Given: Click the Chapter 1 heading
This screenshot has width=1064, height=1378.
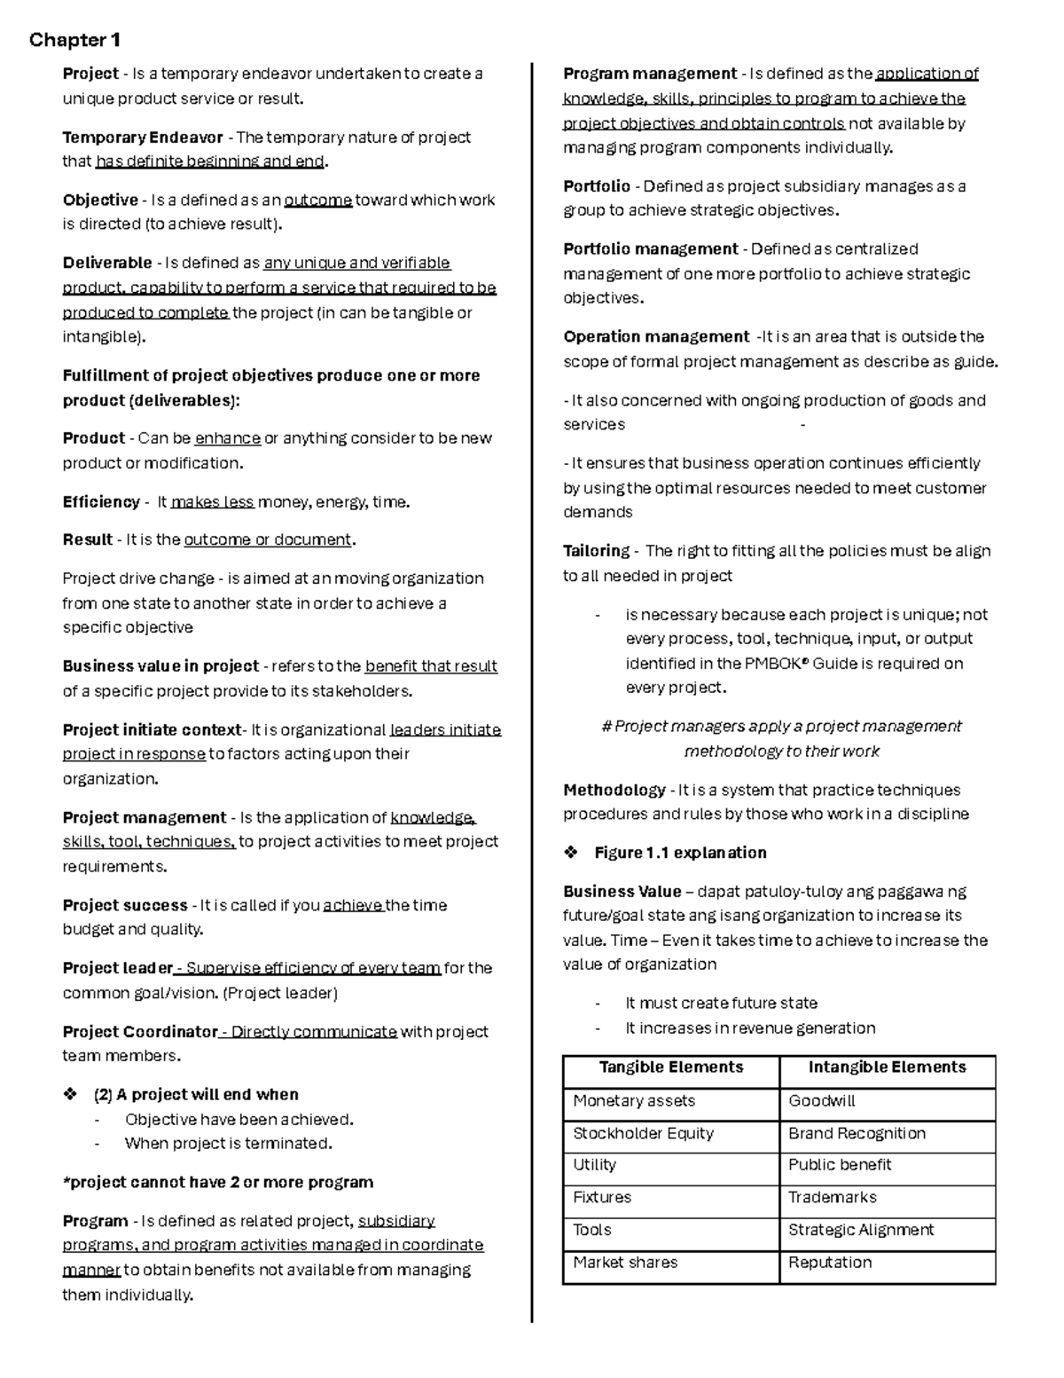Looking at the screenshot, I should (x=74, y=40).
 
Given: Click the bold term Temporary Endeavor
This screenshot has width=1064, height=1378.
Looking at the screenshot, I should (x=143, y=138).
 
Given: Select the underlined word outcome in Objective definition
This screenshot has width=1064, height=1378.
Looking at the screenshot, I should (x=317, y=201).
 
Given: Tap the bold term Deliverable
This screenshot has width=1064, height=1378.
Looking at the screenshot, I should (x=107, y=264).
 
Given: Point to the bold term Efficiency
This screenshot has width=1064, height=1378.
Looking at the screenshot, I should (x=101, y=502).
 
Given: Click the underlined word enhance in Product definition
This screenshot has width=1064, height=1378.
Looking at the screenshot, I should (x=228, y=438).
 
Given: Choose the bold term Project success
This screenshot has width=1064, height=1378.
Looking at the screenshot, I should (x=125, y=906).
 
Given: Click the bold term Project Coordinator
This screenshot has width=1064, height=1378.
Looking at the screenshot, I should (x=140, y=1032).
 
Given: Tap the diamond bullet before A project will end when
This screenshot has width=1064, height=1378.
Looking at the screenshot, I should (x=71, y=1095).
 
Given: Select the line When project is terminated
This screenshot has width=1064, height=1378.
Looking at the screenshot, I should (x=229, y=1144).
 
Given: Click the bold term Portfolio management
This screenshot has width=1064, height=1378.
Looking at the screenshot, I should (x=651, y=249).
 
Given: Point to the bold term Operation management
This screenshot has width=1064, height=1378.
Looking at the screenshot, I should (x=656, y=337).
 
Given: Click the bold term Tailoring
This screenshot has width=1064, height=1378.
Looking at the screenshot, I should (x=596, y=551).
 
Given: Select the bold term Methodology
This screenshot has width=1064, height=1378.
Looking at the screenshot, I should (x=614, y=791).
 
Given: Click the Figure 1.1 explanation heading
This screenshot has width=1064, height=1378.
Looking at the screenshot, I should (x=680, y=853).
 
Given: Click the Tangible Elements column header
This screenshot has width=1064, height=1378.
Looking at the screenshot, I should (x=671, y=1067).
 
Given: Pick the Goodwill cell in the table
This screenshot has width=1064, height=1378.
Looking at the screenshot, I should (x=822, y=1101).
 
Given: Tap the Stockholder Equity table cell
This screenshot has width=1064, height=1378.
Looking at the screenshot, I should (x=643, y=1134).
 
